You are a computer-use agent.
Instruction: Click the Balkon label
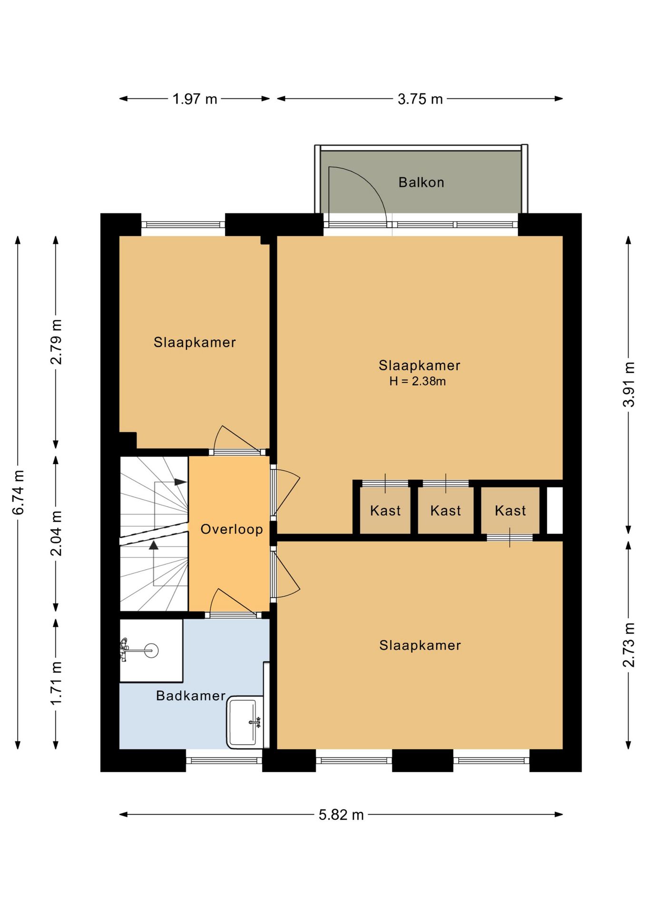[x=421, y=182]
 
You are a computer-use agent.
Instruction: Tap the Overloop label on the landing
[x=232, y=529]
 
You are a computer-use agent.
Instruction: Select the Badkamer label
[x=191, y=696]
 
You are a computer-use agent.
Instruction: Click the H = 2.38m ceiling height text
[x=417, y=381]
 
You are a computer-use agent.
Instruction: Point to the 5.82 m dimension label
[x=341, y=815]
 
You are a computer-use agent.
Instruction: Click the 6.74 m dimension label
[x=18, y=492]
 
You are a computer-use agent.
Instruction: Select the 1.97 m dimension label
[x=195, y=99]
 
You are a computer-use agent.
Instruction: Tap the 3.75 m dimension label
[x=420, y=99]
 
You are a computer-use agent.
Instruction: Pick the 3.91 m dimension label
[x=629, y=384]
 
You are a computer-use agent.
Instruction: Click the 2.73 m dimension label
[x=629, y=644]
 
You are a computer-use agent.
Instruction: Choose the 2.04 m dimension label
[x=56, y=533]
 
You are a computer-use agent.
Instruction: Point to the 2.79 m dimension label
[x=56, y=342]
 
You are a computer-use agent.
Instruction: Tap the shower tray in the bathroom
[x=151, y=651]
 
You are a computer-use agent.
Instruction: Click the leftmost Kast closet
[x=385, y=510]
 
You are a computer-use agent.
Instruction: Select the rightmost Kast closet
[x=510, y=510]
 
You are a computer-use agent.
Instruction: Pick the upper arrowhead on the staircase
[x=180, y=482]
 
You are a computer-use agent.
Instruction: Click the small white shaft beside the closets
[x=555, y=510]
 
